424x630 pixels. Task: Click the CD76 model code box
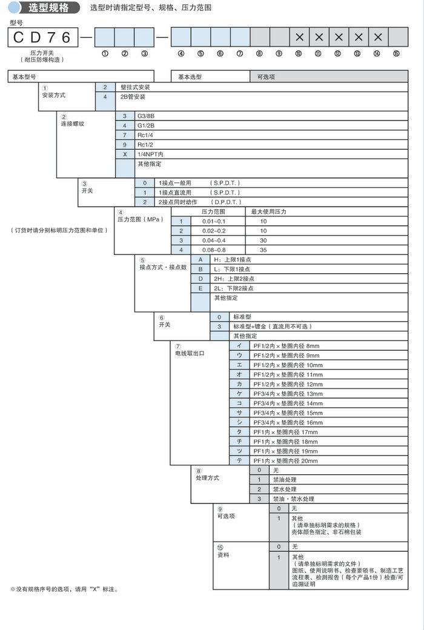[42, 38]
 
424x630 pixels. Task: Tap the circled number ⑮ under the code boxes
[396, 53]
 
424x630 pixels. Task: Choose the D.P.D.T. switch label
[226, 202]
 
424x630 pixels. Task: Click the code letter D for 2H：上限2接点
[200, 279]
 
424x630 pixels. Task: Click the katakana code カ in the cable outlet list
[240, 384]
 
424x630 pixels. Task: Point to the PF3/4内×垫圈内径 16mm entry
[288, 422]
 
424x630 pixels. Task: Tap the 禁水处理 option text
[285, 489]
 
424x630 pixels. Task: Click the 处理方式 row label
[207, 479]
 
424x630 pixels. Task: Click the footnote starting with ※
[64, 589]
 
